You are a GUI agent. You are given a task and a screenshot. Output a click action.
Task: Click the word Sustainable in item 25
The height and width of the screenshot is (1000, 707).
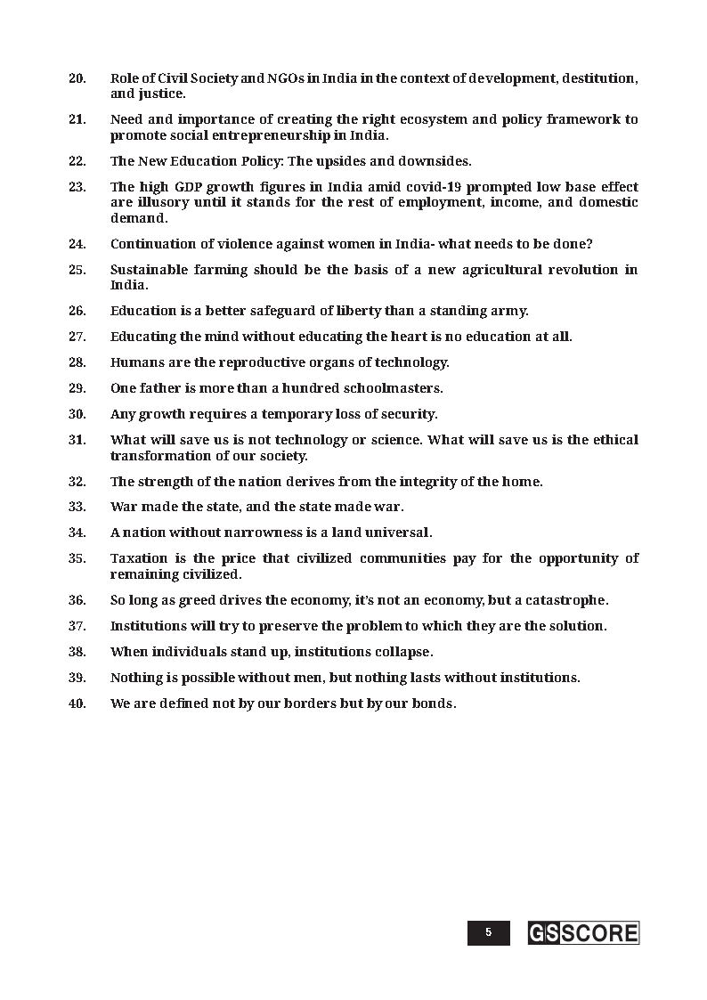pyautogui.click(x=146, y=270)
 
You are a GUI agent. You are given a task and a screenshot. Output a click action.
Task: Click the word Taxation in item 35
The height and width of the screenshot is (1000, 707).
pyautogui.click(x=138, y=558)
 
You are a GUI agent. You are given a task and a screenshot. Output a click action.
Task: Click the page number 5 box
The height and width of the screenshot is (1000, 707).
pyautogui.click(x=488, y=932)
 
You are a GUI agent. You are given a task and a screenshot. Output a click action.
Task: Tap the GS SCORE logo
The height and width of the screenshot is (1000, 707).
pyautogui.click(x=583, y=932)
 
